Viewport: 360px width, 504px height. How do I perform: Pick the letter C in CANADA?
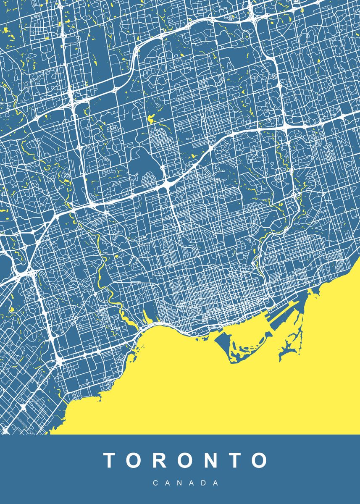pos(155,483)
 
